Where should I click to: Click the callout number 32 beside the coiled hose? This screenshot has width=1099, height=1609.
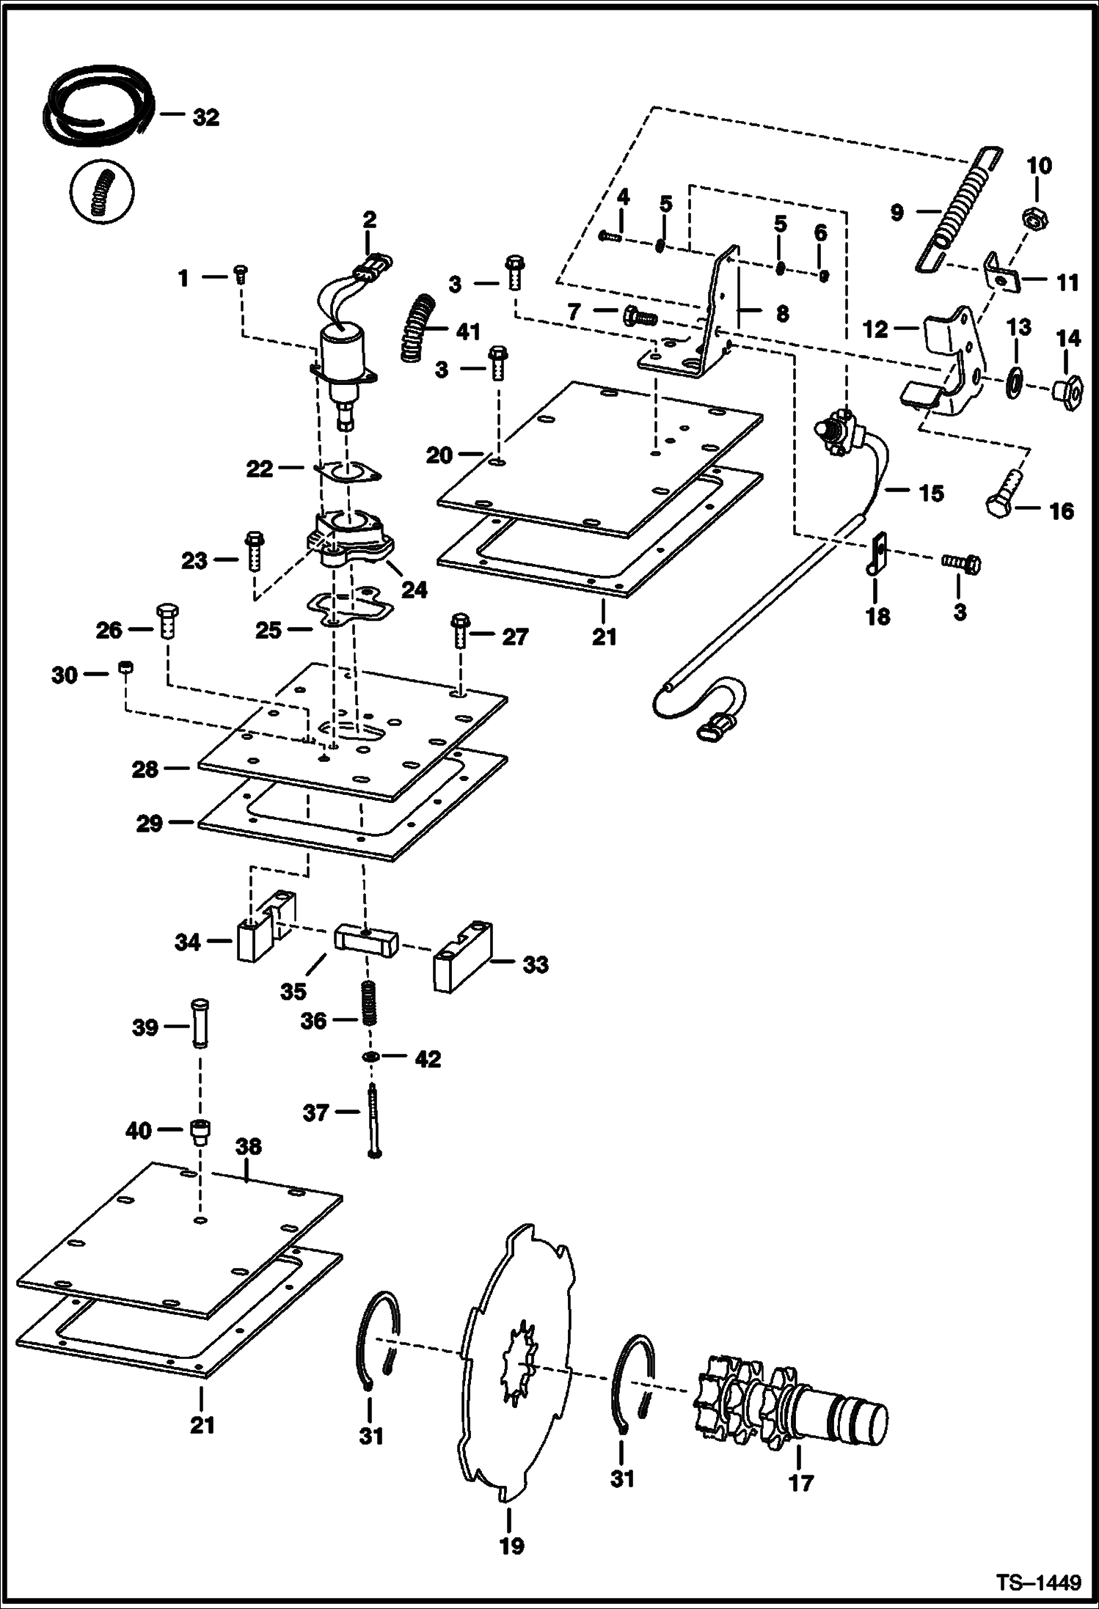[x=205, y=117]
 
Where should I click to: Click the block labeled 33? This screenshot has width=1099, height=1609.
[x=461, y=959]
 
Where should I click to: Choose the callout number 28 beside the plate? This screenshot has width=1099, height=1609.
[x=145, y=769]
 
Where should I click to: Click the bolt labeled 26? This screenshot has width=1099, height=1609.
[x=166, y=622]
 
